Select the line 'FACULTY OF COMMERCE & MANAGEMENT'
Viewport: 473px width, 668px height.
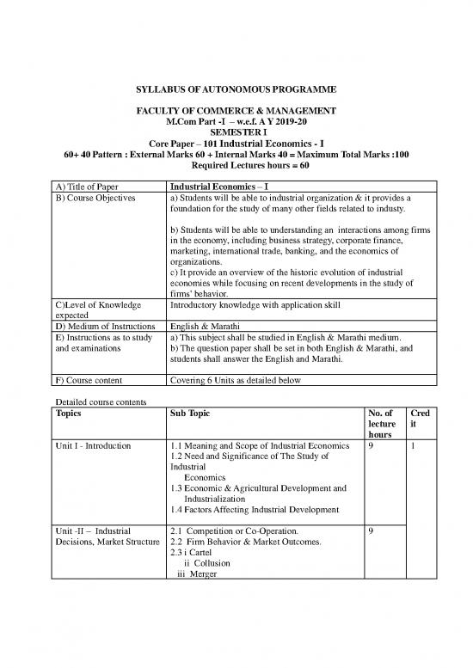pos(236,112)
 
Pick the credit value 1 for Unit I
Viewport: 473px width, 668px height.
pos(413,447)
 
